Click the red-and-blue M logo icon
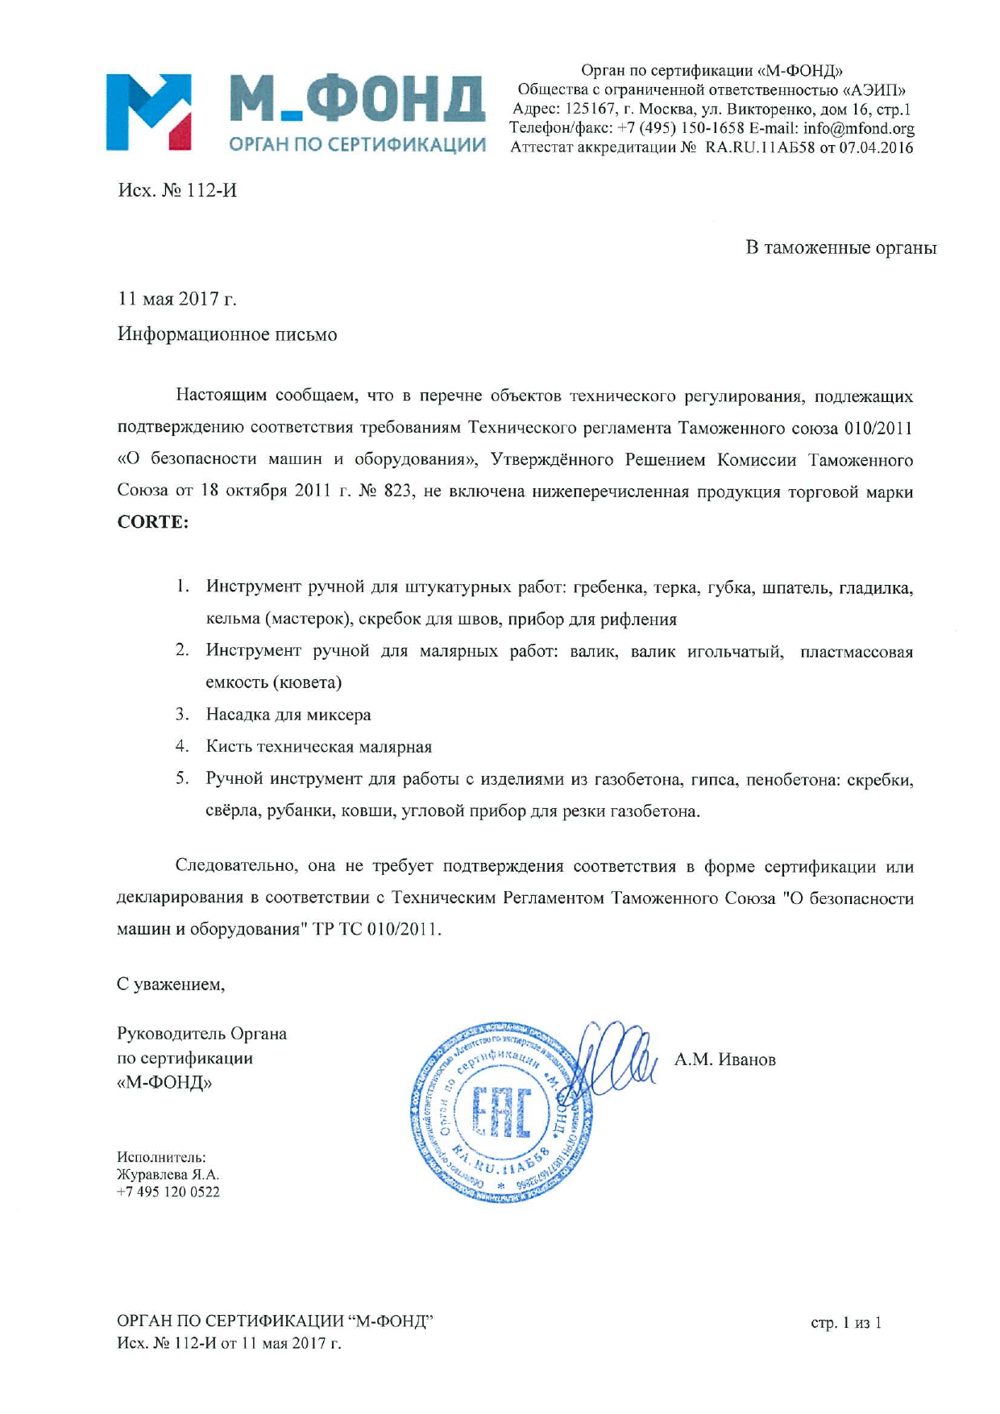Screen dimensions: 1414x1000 coord(148,112)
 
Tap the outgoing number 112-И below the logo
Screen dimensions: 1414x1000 coord(211,191)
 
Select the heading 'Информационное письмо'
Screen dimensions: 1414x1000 coord(227,334)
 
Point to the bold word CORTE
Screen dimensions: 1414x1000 coord(153,522)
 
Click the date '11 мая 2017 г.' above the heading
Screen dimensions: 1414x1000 coord(177,299)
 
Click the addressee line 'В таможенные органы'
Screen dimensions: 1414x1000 coord(840,247)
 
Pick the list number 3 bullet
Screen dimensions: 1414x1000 coord(182,715)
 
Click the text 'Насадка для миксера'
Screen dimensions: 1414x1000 coord(288,715)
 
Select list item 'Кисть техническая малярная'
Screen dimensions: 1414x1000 coord(319,747)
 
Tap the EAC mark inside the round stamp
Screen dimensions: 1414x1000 coord(500,1114)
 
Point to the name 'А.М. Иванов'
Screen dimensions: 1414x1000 coord(724,1060)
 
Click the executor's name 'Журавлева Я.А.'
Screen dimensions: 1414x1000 coord(168,1175)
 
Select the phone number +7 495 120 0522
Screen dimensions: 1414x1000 coord(168,1192)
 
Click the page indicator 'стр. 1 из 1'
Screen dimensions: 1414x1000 coord(845,1323)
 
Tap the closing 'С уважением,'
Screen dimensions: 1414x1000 coord(171,985)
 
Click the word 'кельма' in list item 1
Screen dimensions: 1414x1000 coord(232,620)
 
